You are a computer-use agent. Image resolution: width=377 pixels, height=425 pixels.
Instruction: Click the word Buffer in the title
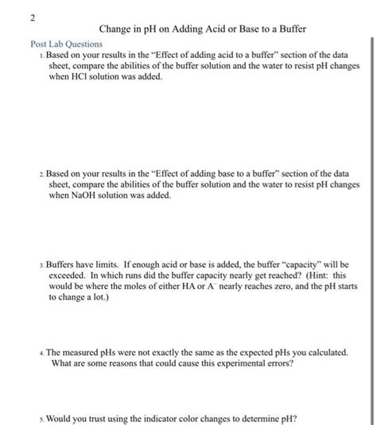pyautogui.click(x=290, y=29)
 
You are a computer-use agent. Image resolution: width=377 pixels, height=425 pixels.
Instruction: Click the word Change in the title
pyautogui.click(x=116, y=29)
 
